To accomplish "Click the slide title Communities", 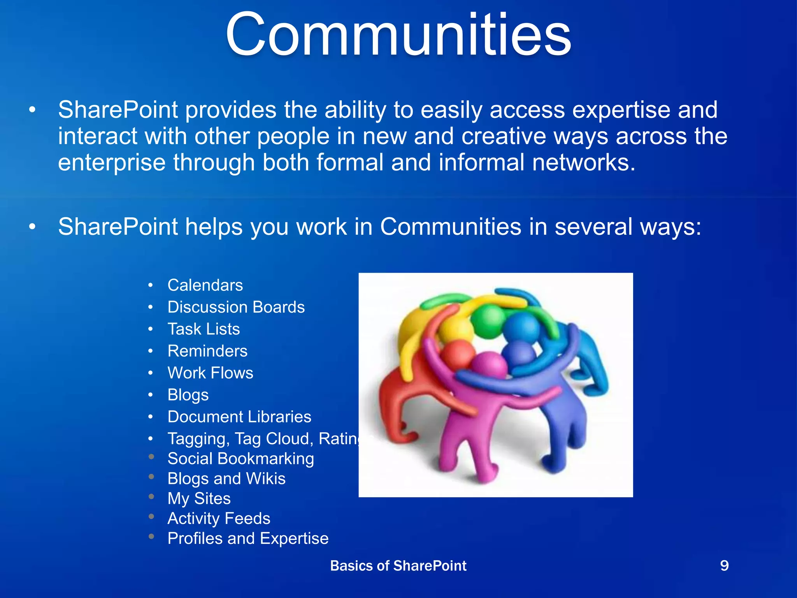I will pos(398,35).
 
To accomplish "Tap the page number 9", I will pos(724,565).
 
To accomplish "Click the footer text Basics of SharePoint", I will pos(398,566).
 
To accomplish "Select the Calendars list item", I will pos(205,285).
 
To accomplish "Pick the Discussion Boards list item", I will pos(236,307).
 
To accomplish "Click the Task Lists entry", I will pos(204,329).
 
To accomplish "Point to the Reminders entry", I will pos(207,351).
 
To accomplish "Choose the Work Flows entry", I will pos(210,373).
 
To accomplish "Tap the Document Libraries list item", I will pos(239,417).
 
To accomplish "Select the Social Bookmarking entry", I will pos(241,459).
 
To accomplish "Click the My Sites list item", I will pos(199,499).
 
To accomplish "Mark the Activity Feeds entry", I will pos(219,519).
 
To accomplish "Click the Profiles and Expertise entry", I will pos(248,539).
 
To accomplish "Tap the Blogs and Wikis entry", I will pos(226,478).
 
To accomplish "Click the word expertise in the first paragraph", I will pos(621,111).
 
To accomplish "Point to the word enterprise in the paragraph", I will pos(112,163).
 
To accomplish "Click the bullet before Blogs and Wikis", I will pos(151,477).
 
